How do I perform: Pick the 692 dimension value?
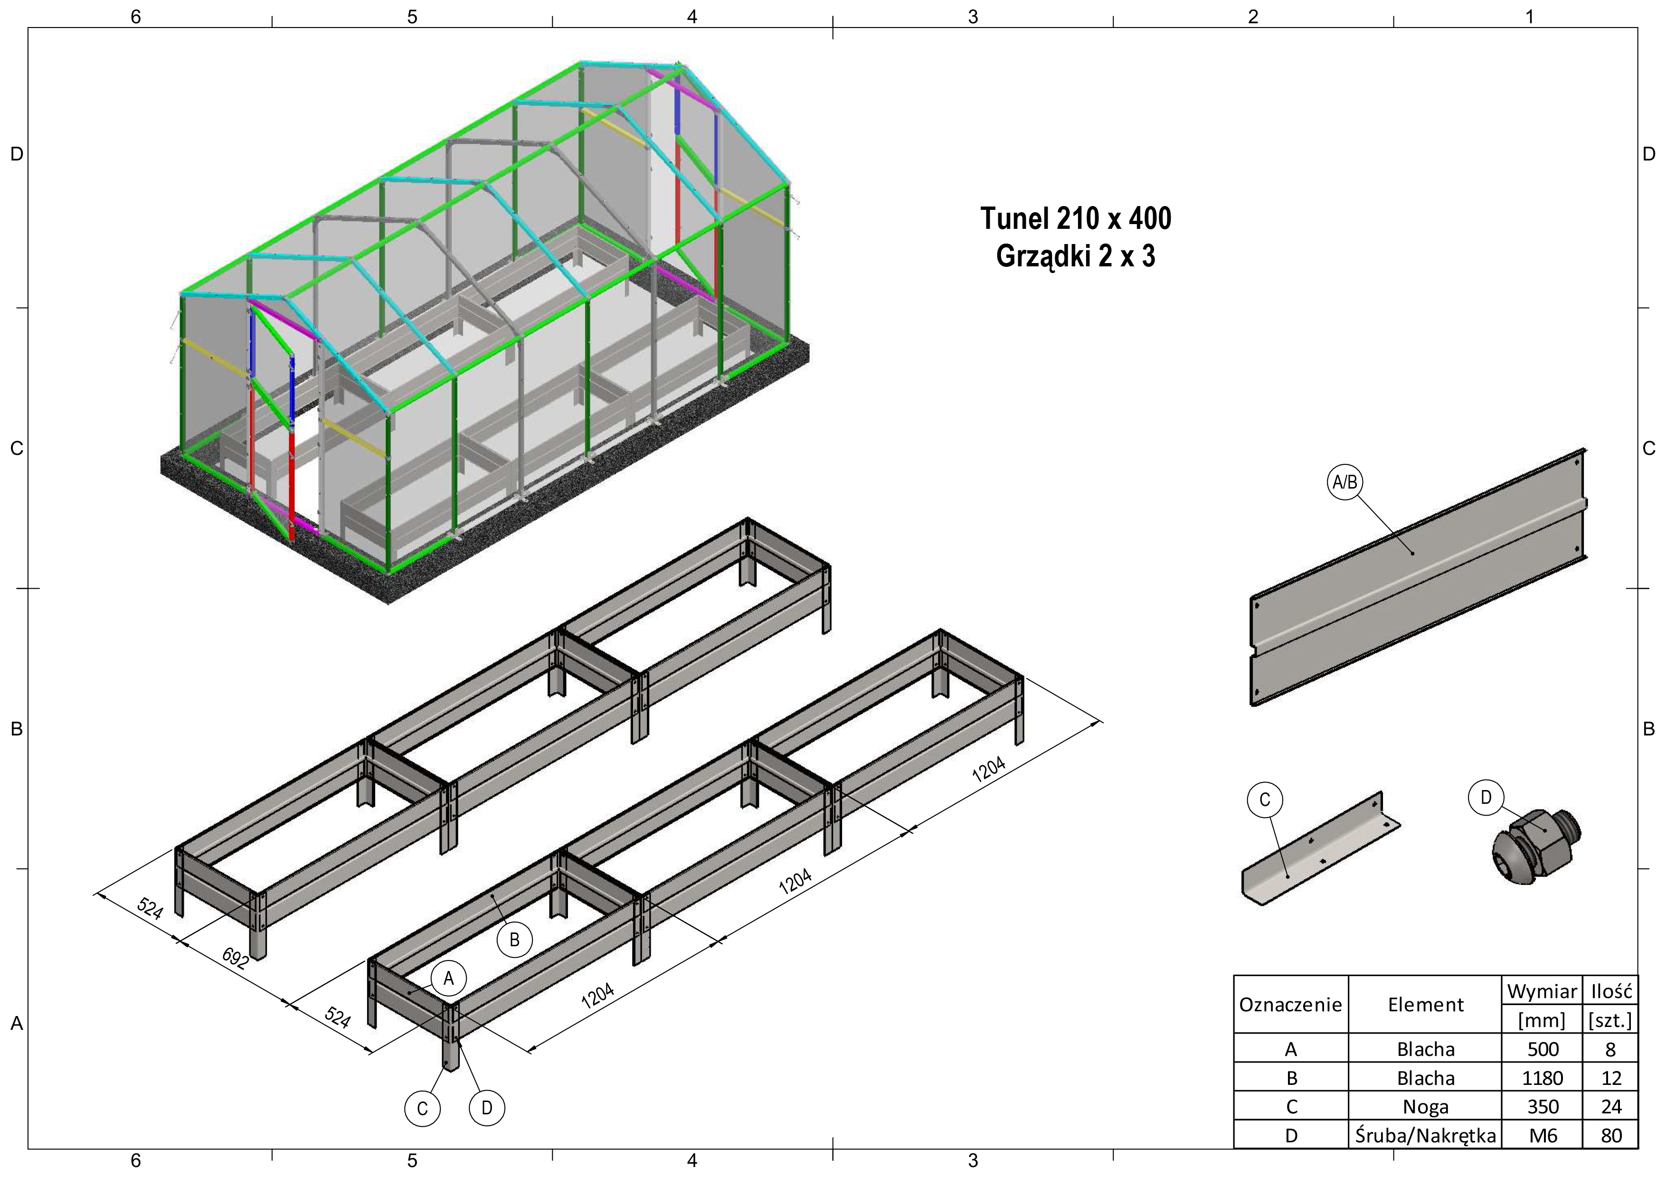click(x=236, y=959)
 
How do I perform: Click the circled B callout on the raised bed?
click(x=514, y=940)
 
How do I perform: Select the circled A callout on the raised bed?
click(x=448, y=979)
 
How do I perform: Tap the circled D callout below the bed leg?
click(x=487, y=1108)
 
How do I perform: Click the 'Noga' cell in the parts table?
click(x=1425, y=1107)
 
